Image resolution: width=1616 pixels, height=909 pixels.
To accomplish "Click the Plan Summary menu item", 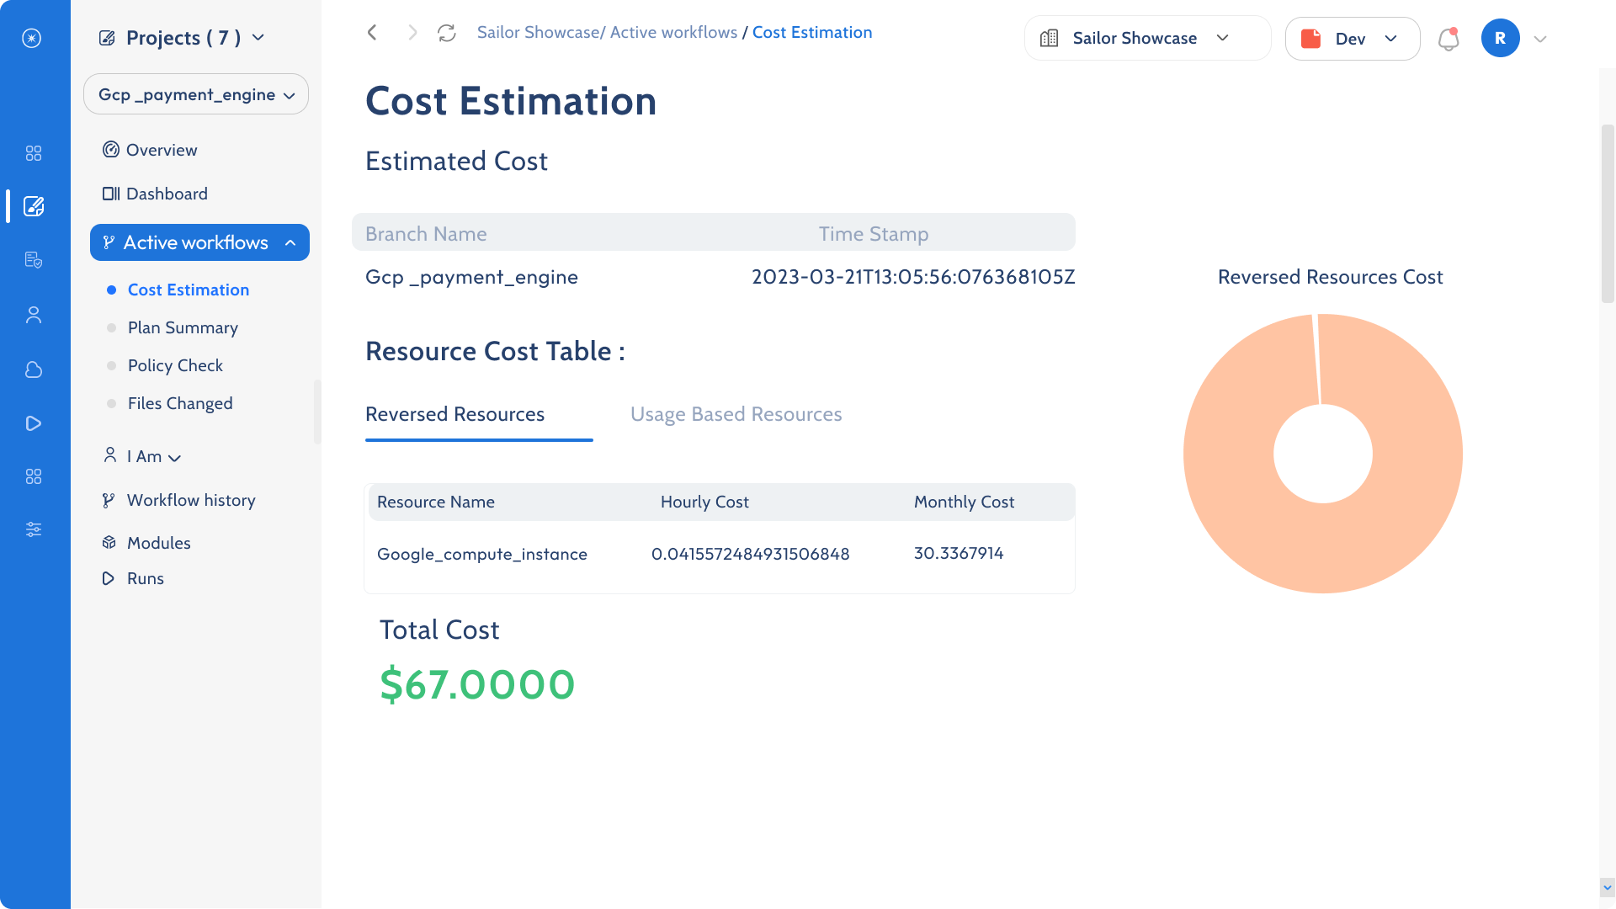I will (x=183, y=327).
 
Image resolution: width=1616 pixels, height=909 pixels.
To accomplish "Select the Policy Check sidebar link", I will (x=175, y=365).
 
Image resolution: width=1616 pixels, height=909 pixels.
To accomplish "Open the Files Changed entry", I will (x=180, y=403).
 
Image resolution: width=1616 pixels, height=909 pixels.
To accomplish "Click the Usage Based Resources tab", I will (x=736, y=414).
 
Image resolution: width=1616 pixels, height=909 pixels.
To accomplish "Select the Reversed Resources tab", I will (x=454, y=414).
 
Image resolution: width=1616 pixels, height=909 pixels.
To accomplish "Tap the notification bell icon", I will (x=1448, y=39).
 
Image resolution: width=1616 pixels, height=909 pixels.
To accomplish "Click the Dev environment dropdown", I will (x=1352, y=39).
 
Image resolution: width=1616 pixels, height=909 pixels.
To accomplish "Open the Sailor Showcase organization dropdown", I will (x=1146, y=39).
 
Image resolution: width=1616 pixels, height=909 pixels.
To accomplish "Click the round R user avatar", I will (x=1500, y=39).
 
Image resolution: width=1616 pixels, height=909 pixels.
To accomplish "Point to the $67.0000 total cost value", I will (x=477, y=684).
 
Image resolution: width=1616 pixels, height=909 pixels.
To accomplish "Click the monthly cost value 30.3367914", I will (x=959, y=553).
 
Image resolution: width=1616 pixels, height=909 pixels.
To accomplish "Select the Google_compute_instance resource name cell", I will (x=482, y=554).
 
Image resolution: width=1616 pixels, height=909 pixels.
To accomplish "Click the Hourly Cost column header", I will (x=704, y=502).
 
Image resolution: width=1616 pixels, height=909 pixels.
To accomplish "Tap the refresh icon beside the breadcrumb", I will (x=447, y=33).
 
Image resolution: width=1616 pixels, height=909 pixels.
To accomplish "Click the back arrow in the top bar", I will (x=372, y=33).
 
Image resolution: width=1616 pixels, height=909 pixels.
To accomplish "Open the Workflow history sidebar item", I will (x=191, y=500).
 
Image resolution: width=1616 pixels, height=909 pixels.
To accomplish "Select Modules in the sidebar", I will (x=158, y=543).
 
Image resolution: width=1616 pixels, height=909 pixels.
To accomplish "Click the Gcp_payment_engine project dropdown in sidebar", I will (x=196, y=94).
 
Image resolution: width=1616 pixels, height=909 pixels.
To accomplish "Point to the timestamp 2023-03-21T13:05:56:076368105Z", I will (x=913, y=277).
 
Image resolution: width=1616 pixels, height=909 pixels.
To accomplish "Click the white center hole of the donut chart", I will (x=1322, y=454).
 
